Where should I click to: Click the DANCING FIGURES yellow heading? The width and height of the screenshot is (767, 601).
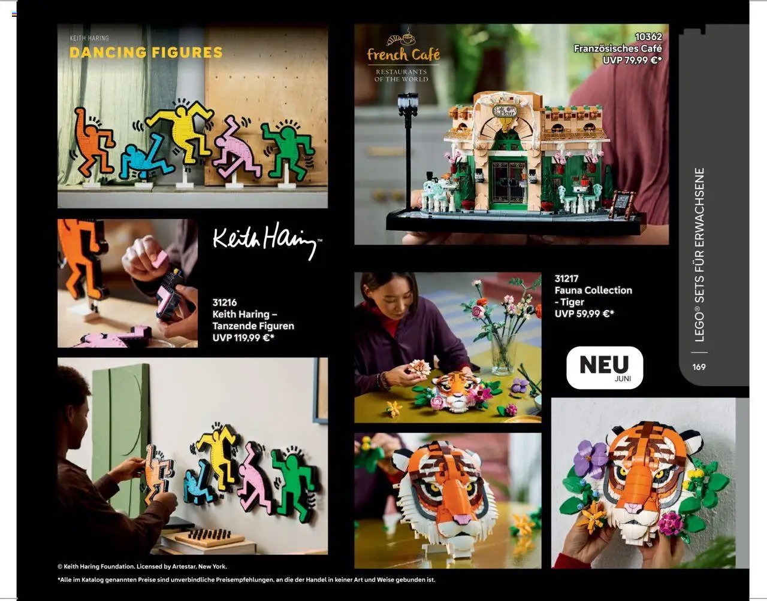pyautogui.click(x=146, y=53)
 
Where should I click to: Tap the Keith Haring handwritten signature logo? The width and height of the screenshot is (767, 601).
pyautogui.click(x=267, y=239)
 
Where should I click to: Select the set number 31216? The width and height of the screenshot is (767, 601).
pyautogui.click(x=224, y=302)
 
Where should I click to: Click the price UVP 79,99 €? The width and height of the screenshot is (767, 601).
pyautogui.click(x=632, y=60)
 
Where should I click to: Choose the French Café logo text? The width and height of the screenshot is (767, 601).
pyautogui.click(x=403, y=55)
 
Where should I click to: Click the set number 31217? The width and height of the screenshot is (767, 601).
pyautogui.click(x=566, y=278)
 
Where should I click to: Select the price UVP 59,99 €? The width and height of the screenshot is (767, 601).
pyautogui.click(x=584, y=314)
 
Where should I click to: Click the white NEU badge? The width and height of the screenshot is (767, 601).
pyautogui.click(x=604, y=367)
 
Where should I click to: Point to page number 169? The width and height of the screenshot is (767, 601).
pyautogui.click(x=699, y=367)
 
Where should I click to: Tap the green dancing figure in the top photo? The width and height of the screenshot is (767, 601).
pyautogui.click(x=288, y=150)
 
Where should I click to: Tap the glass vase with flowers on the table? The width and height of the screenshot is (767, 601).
pyautogui.click(x=502, y=353)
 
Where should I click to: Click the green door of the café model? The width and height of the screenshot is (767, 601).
pyautogui.click(x=508, y=180)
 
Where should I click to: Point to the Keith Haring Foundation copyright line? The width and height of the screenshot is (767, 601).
pyautogui.click(x=142, y=566)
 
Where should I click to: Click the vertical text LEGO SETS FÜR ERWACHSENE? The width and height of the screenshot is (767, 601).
pyautogui.click(x=699, y=254)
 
